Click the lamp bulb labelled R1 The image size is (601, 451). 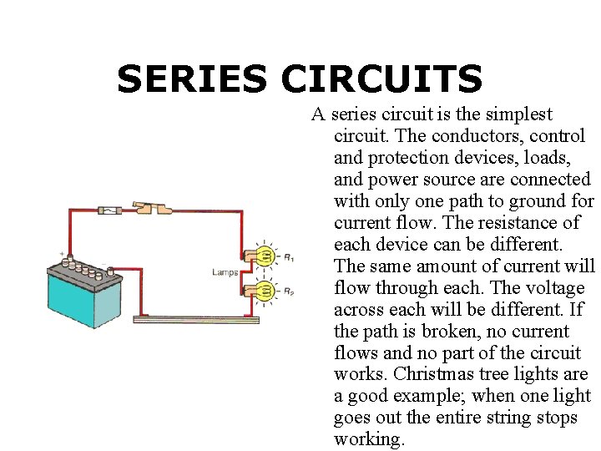coord(265,256)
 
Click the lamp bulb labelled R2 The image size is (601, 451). coord(265,291)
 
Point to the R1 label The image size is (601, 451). coord(289,258)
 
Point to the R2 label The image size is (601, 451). coord(289,292)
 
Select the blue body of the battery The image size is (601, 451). coord(83,301)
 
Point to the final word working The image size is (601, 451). coord(368,439)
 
